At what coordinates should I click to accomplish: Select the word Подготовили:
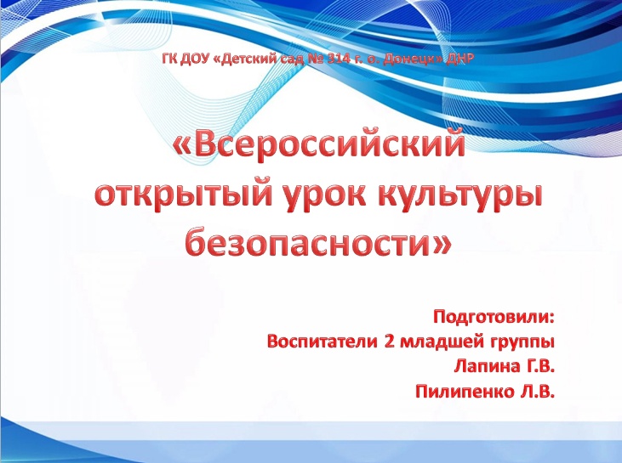pyautogui.click(x=494, y=317)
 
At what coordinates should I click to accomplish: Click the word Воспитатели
pyautogui.click(x=322, y=341)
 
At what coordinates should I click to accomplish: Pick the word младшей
pyautogui.click(x=438, y=342)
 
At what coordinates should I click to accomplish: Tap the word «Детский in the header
pyautogui.click(x=252, y=59)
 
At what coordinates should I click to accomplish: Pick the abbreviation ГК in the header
pyautogui.click(x=171, y=59)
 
